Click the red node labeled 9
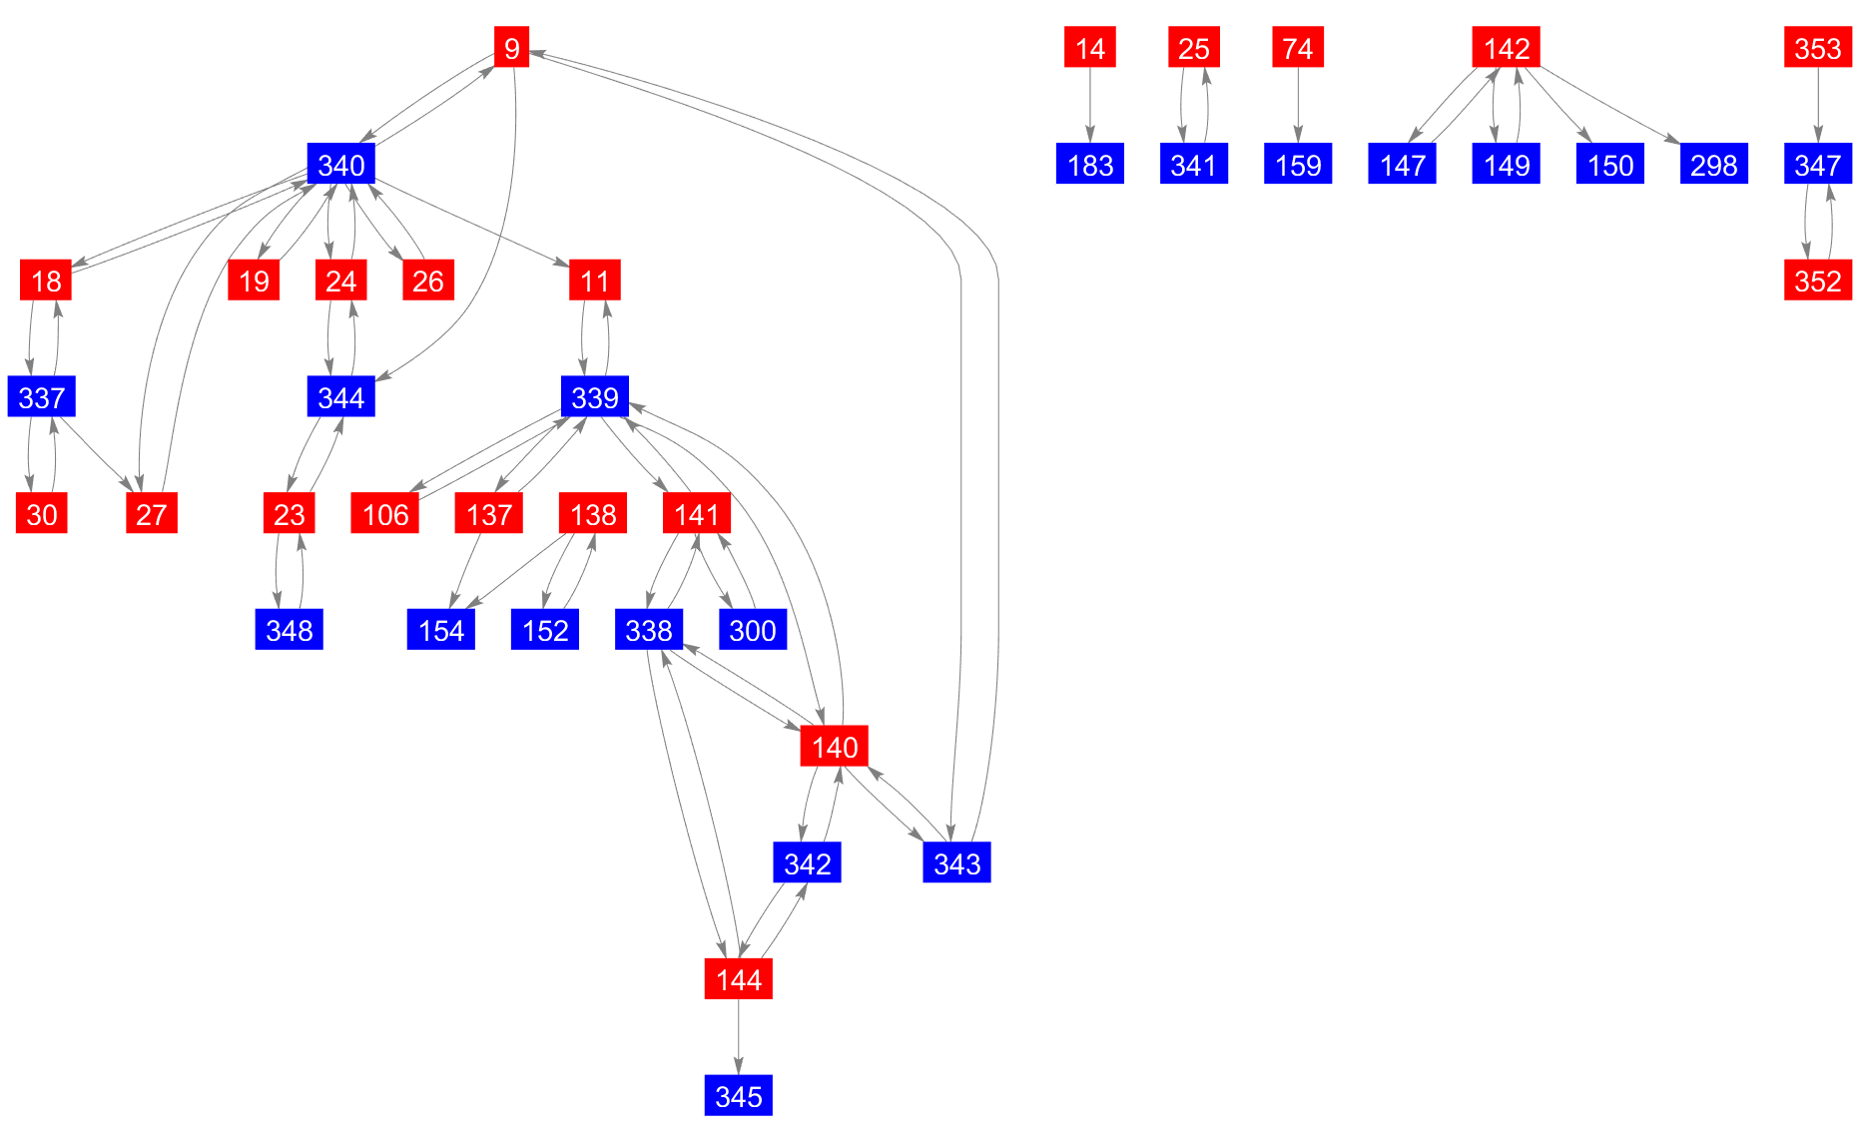(511, 47)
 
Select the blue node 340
(340, 165)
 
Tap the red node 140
(834, 747)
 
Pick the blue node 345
(738, 1096)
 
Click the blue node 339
(595, 397)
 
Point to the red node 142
(1506, 47)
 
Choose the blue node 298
(1713, 165)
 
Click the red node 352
(1817, 281)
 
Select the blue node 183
(1089, 165)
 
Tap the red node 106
(385, 514)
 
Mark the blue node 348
(289, 631)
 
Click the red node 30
(42, 514)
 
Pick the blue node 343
(956, 863)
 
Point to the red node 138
(593, 514)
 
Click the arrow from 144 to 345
(738, 1038)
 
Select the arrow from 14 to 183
(1089, 106)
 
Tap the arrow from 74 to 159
(1297, 106)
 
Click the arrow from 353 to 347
(1817, 106)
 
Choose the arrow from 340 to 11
(469, 223)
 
